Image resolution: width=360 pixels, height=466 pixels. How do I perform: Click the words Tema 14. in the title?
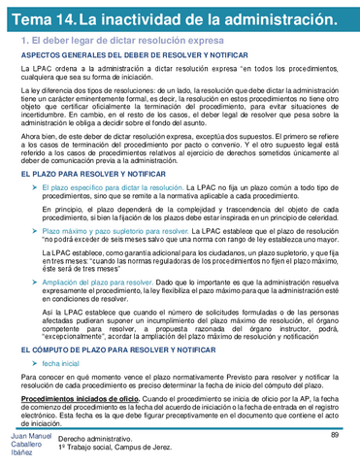(39, 20)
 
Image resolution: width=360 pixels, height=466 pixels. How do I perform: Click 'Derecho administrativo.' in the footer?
(95, 440)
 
